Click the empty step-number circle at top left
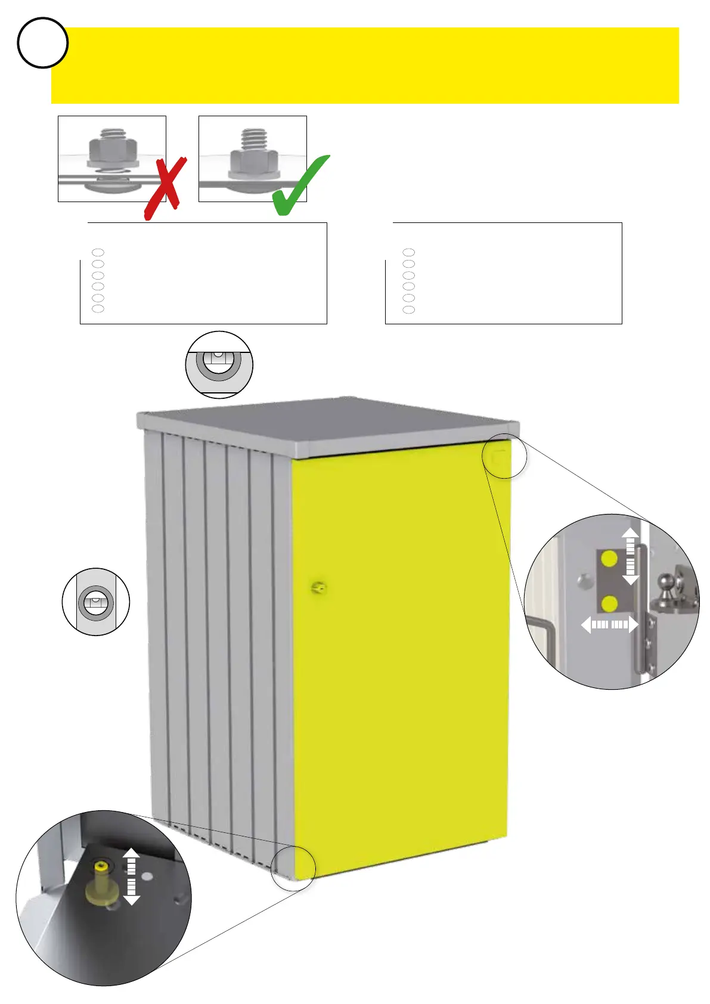(x=42, y=43)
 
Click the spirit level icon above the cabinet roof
(x=219, y=364)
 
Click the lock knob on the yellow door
(x=318, y=588)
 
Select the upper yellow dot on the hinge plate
(x=609, y=559)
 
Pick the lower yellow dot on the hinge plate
(x=609, y=604)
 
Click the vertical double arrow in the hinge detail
(x=630, y=556)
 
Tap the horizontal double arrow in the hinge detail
(x=609, y=625)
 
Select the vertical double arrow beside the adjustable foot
(x=131, y=877)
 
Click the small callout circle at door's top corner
(x=504, y=456)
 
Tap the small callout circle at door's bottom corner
(x=293, y=869)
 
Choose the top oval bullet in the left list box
(x=98, y=253)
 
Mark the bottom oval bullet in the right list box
(x=408, y=309)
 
